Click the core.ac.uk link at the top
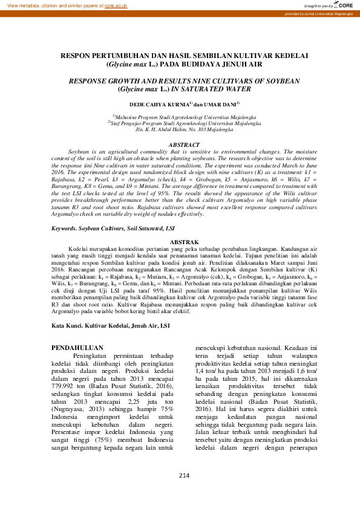pyautogui.click(x=116, y=5)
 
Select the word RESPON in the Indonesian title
pyautogui.click(x=80, y=55)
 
